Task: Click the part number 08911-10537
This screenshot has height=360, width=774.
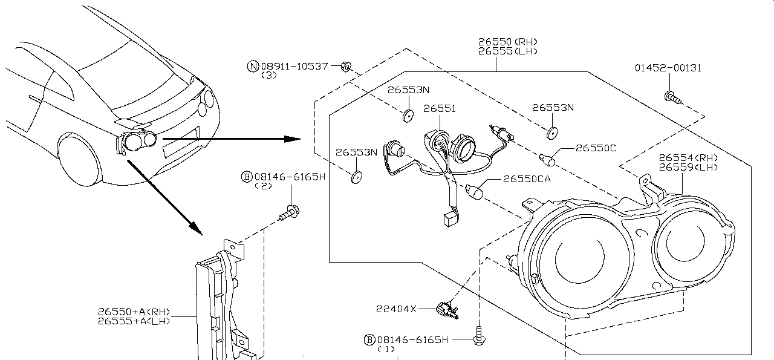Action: pos(294,66)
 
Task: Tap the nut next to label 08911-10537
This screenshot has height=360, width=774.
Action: pos(346,67)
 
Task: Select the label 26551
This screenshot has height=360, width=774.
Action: pos(440,108)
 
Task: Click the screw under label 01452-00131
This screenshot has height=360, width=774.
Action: pos(672,97)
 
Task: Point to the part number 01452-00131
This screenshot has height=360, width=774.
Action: pos(668,68)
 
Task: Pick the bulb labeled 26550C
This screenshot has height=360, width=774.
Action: pos(547,160)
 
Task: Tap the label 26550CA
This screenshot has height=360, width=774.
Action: pos(527,178)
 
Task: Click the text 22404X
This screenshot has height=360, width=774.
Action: pos(396,309)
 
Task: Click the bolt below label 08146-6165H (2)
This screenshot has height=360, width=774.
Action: pos(289,213)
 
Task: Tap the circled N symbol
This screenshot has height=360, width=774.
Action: pos(253,66)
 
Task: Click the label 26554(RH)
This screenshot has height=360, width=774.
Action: pos(688,158)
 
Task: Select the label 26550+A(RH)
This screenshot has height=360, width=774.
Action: pos(134,312)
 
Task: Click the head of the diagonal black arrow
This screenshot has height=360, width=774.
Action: pos(196,228)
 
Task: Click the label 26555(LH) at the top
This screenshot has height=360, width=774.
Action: pos(508,51)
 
